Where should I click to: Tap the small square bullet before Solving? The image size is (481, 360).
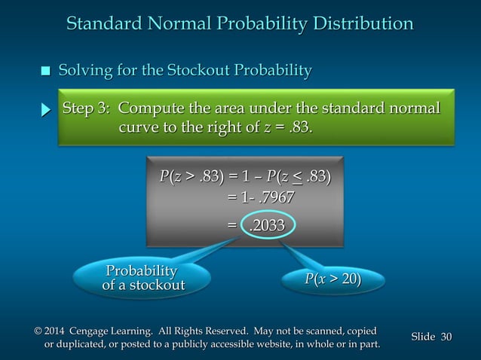click(x=45, y=72)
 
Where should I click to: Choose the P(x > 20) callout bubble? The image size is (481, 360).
click(x=332, y=280)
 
